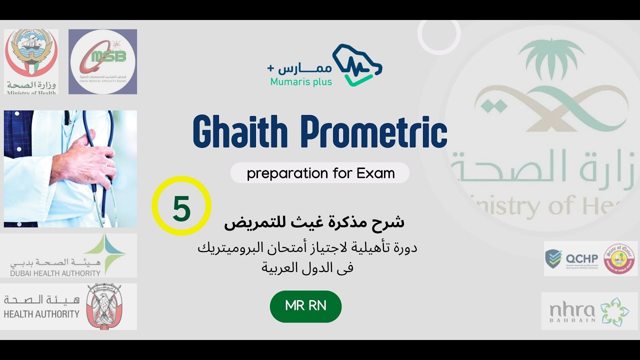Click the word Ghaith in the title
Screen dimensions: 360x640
coord(240,132)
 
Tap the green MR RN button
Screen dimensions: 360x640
coord(305,306)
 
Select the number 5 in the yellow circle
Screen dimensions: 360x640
coord(181,208)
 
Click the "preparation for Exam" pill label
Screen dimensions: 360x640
coord(320,173)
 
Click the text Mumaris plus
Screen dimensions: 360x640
coord(301,81)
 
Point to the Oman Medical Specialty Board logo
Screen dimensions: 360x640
coord(102,61)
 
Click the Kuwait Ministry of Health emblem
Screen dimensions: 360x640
coord(31,55)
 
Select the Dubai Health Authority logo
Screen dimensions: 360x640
coord(68,255)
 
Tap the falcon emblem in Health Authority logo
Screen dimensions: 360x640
coord(104,306)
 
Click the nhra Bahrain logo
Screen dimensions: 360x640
coord(589,311)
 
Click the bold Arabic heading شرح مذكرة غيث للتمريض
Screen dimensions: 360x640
coord(314,222)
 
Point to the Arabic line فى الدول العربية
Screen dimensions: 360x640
coord(307,267)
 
